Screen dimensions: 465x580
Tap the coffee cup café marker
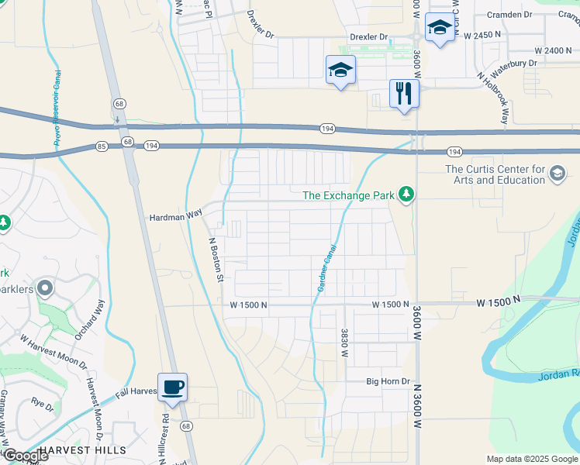pyautogui.click(x=172, y=387)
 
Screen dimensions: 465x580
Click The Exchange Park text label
pyautogui.click(x=348, y=195)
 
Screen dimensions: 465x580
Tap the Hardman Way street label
pyautogui.click(x=175, y=218)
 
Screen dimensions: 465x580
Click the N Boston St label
pyautogui.click(x=218, y=258)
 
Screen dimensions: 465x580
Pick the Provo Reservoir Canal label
pyautogui.click(x=57, y=108)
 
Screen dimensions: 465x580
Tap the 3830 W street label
pyautogui.click(x=344, y=343)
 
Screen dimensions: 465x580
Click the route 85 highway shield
pyautogui.click(x=102, y=146)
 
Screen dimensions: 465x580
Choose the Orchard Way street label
pyautogui.click(x=90, y=318)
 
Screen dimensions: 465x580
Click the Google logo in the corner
pyautogui.click(x=26, y=456)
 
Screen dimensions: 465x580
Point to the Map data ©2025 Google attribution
pyautogui.click(x=531, y=459)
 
